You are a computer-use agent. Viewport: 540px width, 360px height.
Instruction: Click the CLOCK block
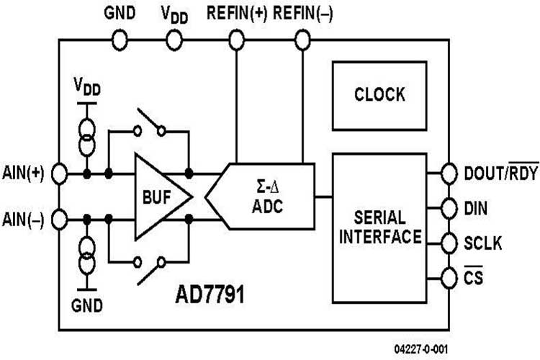pos(379,95)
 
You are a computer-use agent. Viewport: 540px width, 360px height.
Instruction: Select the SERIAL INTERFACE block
pos(379,227)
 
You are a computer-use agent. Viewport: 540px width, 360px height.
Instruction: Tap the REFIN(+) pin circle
pos(237,39)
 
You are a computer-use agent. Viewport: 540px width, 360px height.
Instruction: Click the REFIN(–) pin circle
pos(302,39)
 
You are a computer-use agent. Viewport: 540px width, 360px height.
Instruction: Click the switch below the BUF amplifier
pos(150,268)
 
